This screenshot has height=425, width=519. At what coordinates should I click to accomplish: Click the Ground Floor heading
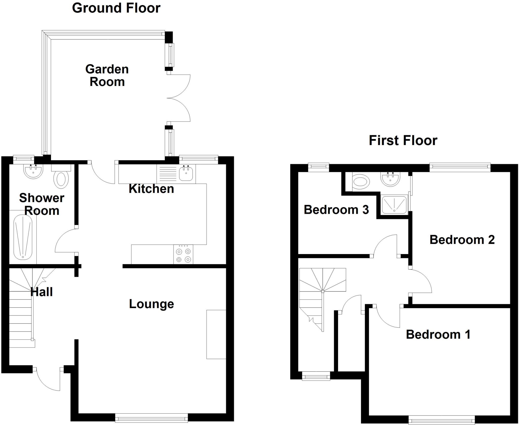[x=116, y=8]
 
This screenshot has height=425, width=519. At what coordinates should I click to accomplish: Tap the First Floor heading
[x=403, y=140]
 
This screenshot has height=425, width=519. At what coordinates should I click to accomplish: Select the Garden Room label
[x=107, y=76]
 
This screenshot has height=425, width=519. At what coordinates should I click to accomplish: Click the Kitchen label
[x=151, y=189]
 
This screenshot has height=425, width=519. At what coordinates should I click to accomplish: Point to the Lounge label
[x=152, y=304]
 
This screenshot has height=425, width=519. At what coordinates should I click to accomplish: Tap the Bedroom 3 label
[x=336, y=210]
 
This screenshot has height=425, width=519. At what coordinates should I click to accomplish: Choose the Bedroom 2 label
[x=462, y=240]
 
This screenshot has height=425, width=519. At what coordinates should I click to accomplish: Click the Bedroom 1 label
[x=438, y=334]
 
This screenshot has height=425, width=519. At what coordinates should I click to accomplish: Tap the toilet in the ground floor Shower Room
[x=61, y=179]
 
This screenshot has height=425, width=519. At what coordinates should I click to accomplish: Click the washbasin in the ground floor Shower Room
[x=33, y=171]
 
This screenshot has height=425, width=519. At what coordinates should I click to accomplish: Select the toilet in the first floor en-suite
[x=361, y=182]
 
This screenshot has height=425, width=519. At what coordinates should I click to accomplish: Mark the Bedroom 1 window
[x=441, y=420]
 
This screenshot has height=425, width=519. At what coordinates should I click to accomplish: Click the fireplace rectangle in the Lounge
[x=216, y=334]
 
